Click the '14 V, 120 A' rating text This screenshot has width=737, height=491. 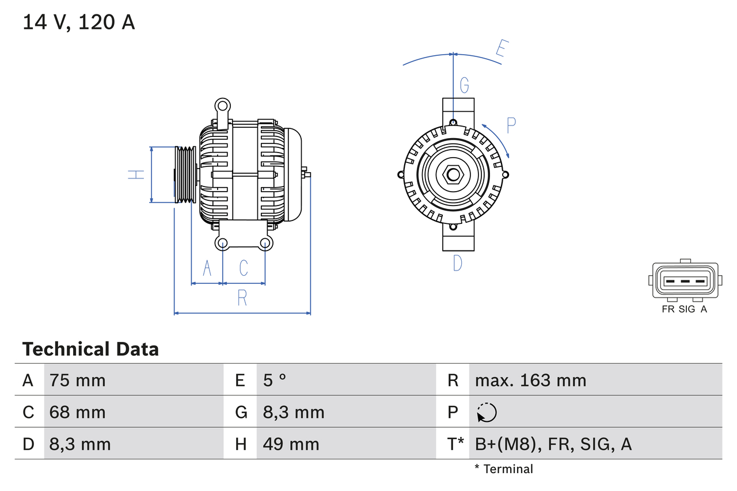pyautogui.click(x=79, y=22)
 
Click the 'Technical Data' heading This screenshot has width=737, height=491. pyautogui.click(x=90, y=349)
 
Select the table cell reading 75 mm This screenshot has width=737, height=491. pyautogui.click(x=78, y=380)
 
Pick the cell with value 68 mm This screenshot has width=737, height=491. pyautogui.click(x=78, y=412)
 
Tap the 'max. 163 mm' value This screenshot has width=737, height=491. pyautogui.click(x=530, y=380)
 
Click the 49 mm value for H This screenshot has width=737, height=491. pyautogui.click(x=291, y=444)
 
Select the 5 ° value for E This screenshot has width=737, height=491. pyautogui.click(x=275, y=380)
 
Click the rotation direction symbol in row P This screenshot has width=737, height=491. pyautogui.click(x=487, y=412)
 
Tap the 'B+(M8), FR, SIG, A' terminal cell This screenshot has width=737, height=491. pyautogui.click(x=553, y=444)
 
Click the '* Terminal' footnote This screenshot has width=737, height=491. pyautogui.click(x=504, y=469)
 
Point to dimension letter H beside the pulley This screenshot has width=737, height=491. pyautogui.click(x=136, y=174)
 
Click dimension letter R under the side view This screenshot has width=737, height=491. pyautogui.click(x=242, y=298)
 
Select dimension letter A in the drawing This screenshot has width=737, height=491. pyautogui.click(x=207, y=268)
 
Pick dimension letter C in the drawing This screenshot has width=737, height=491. pyautogui.click(x=244, y=268)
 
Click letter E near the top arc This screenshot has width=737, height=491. pyautogui.click(x=502, y=51)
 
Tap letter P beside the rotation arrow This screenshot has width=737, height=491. pyautogui.click(x=511, y=125)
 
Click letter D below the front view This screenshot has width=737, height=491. pyautogui.click(x=457, y=263)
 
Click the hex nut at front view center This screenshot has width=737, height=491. pyautogui.click(x=453, y=174)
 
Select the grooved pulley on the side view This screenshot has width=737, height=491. pyautogui.click(x=185, y=174)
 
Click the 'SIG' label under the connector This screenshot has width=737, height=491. pyautogui.click(x=687, y=309)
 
